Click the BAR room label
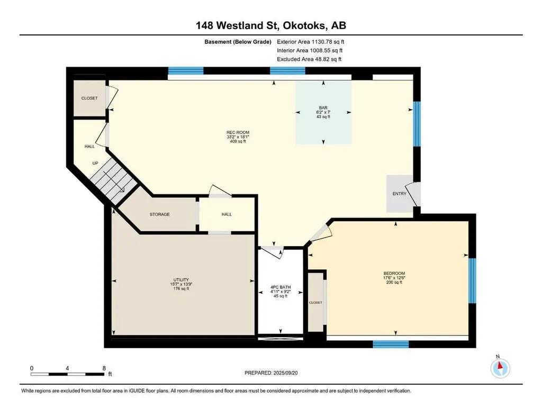click(x=323, y=108)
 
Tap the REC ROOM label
click(x=238, y=132)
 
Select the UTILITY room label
click(x=181, y=280)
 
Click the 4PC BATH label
click(x=281, y=287)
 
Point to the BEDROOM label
click(x=394, y=273)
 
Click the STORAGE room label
click(x=160, y=214)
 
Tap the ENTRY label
click(x=399, y=194)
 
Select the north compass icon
click(x=500, y=368)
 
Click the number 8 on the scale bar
click(x=104, y=368)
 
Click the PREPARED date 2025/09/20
click(x=285, y=373)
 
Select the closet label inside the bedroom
click(x=315, y=303)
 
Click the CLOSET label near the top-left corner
click(x=89, y=98)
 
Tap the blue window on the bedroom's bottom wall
click(x=391, y=344)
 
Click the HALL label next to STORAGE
click(x=227, y=214)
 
